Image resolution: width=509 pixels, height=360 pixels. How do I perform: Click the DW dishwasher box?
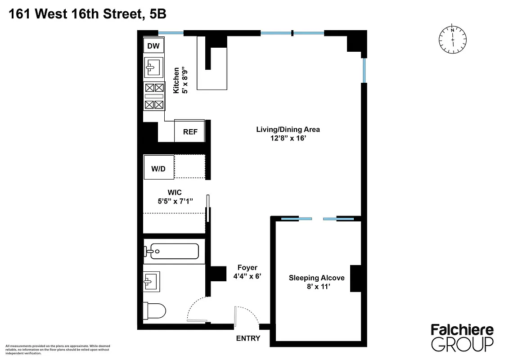pyautogui.click(x=153, y=46)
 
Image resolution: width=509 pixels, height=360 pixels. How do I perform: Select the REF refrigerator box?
pyautogui.click(x=189, y=132)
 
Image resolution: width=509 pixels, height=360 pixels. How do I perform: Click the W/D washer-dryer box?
pyautogui.click(x=158, y=169)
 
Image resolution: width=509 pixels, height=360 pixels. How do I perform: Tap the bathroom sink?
pyautogui.click(x=150, y=283)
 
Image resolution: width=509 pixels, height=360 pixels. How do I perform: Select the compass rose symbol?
pyautogui.click(x=452, y=40)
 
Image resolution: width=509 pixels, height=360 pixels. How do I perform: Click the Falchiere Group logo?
pyautogui.click(x=462, y=337)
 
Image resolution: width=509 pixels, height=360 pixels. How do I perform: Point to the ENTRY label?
pyautogui.click(x=248, y=338)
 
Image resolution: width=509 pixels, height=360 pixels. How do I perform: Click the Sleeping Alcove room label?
pyautogui.click(x=316, y=278)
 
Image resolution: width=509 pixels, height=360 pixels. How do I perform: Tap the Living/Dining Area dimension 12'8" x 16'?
pyautogui.click(x=288, y=139)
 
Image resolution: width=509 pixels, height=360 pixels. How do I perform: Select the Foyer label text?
pyautogui.click(x=247, y=268)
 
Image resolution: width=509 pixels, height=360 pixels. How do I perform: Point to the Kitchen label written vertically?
pyautogui.click(x=176, y=80)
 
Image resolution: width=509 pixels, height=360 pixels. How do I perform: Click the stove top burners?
pyautogui.click(x=154, y=96)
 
